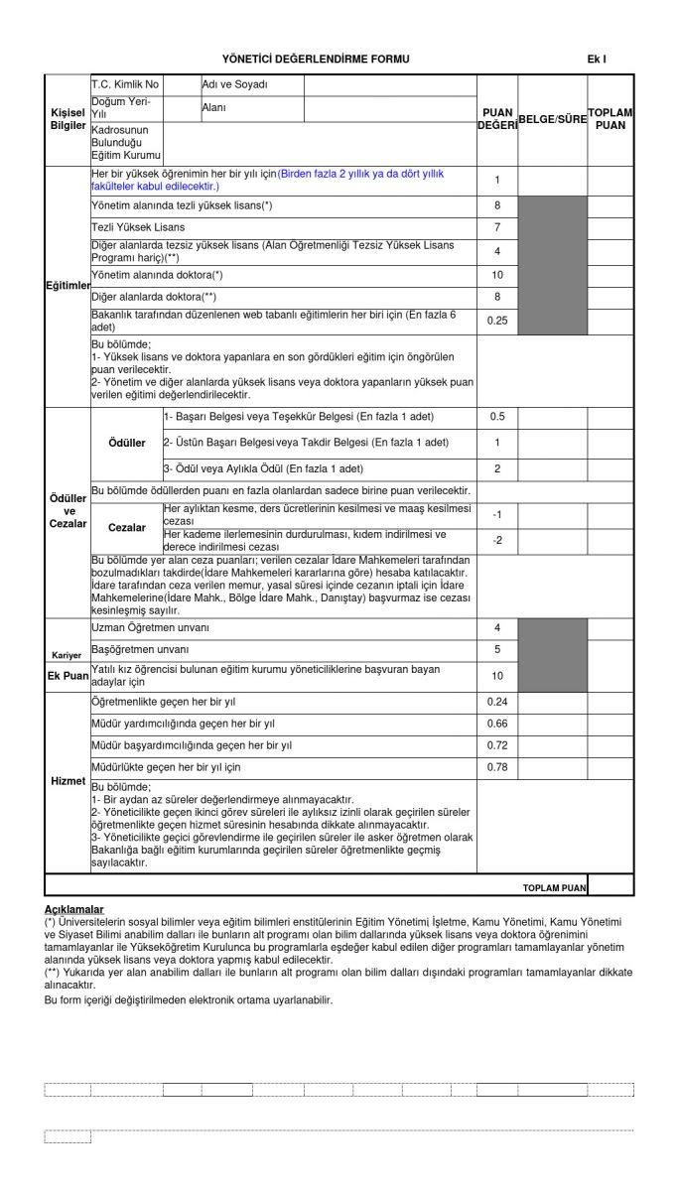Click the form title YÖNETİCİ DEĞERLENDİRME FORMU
[x=316, y=60]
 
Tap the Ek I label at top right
[x=597, y=60]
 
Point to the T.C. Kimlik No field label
[x=125, y=84]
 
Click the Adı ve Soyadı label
[x=228, y=84]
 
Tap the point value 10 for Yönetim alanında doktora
[x=497, y=275]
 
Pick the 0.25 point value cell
[x=497, y=320]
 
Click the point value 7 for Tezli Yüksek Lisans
[x=497, y=228]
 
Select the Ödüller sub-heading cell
[x=127, y=443]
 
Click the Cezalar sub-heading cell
[x=127, y=527]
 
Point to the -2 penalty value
[x=497, y=540]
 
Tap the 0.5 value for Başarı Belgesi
[x=497, y=416]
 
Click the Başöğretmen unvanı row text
[x=139, y=649]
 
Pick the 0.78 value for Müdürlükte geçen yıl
[x=497, y=767]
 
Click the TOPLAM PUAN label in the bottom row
[x=554, y=886]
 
